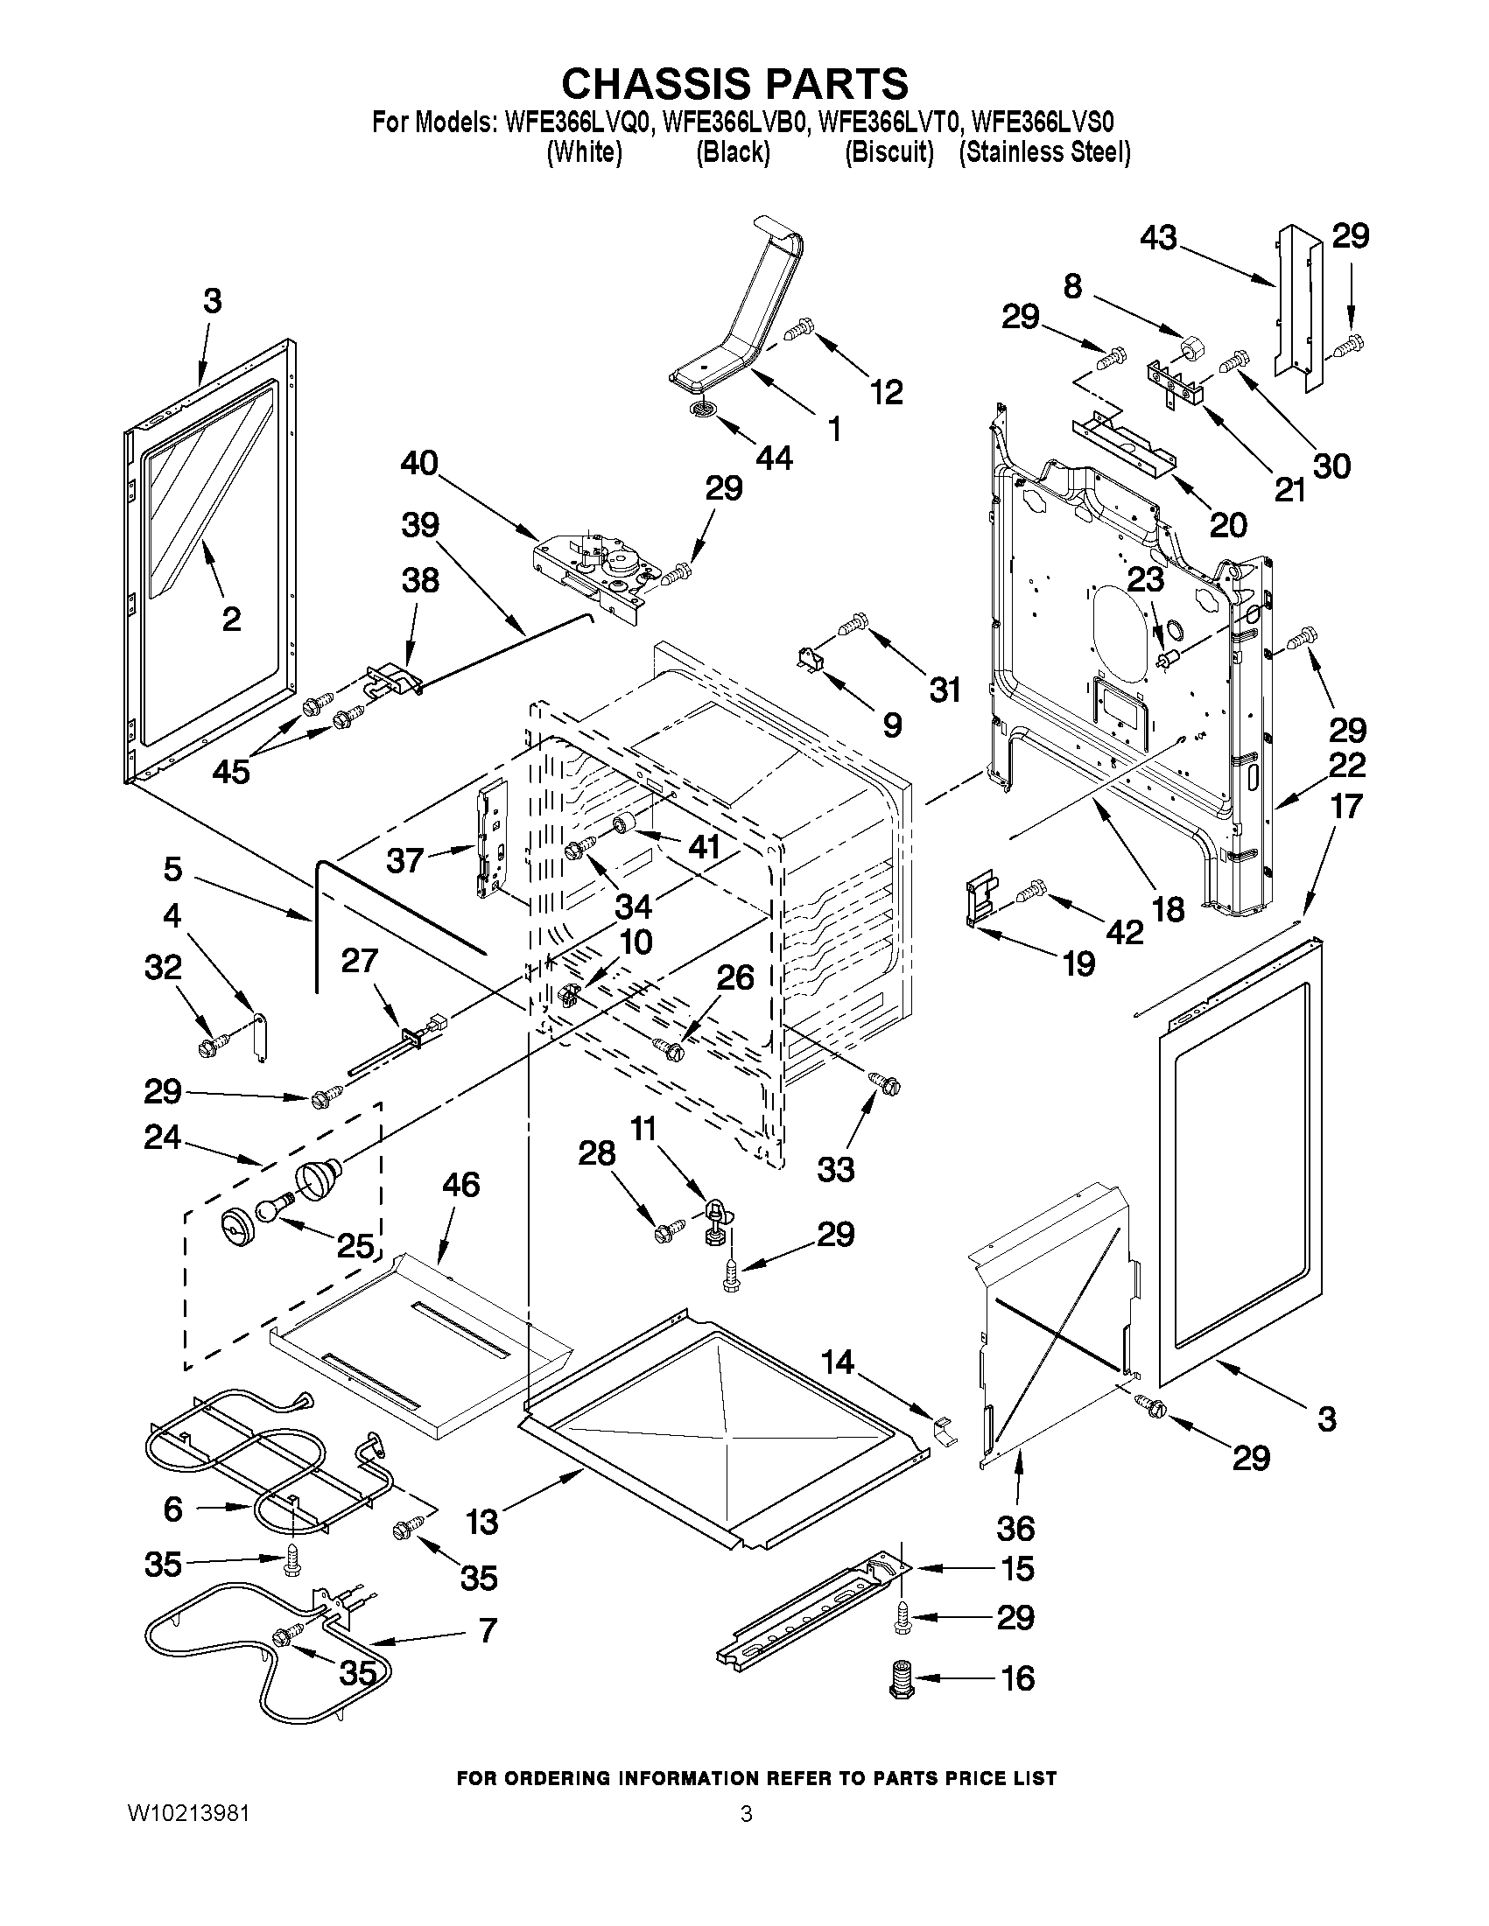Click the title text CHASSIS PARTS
[734, 84]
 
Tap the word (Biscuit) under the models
[888, 152]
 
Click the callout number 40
[419, 462]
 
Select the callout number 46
[460, 1184]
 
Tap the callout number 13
[481, 1521]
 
